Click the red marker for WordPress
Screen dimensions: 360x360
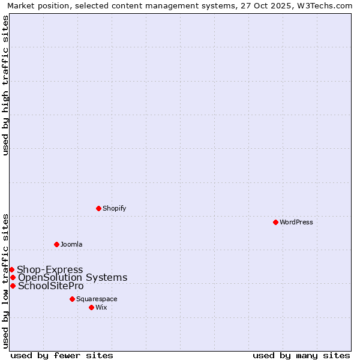[275, 222]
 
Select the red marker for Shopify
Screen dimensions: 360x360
[98, 208]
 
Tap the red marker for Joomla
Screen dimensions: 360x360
[56, 244]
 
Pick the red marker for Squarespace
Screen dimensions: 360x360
[72, 299]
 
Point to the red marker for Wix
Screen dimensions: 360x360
[91, 307]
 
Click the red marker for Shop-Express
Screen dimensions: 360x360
[11, 270]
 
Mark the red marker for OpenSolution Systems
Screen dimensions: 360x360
[13, 277]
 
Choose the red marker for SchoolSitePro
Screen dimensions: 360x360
[13, 286]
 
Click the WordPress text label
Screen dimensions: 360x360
[296, 222]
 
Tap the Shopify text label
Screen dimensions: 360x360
[115, 208]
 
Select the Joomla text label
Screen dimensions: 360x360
[71, 244]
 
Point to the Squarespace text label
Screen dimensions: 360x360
[97, 299]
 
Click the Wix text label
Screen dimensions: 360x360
[101, 307]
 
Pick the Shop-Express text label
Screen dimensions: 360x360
[50, 270]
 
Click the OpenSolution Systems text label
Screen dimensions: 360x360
[73, 277]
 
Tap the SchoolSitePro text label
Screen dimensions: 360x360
[51, 286]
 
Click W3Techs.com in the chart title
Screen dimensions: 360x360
[325, 6]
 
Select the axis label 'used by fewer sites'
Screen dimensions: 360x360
[62, 355]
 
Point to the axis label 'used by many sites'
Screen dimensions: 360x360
[301, 355]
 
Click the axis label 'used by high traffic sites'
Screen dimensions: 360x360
[6, 85]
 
